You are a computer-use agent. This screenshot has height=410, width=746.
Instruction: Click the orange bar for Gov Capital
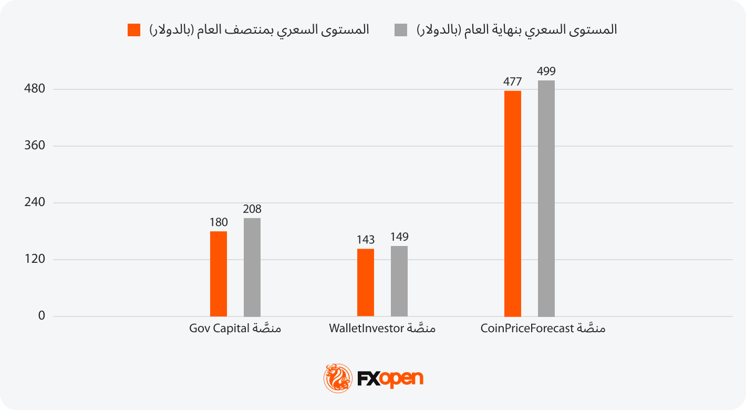click(219, 274)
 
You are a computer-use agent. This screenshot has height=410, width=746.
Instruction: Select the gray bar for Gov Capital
click(252, 267)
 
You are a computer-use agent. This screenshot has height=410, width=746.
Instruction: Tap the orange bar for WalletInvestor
click(366, 282)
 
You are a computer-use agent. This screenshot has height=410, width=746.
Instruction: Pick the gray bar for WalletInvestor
click(399, 281)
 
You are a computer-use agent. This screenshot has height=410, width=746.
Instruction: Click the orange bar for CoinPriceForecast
click(513, 203)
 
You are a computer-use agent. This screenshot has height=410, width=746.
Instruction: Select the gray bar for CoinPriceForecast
click(546, 198)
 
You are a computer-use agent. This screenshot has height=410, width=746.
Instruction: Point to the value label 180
click(219, 222)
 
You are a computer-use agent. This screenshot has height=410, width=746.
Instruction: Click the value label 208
click(252, 209)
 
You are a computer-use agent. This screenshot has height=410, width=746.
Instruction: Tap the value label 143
click(366, 240)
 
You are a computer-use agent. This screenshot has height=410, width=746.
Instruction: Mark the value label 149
click(399, 237)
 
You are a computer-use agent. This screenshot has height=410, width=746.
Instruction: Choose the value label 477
click(513, 82)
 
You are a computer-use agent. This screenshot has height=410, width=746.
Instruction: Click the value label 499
click(546, 71)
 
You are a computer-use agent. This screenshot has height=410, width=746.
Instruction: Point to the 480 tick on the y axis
click(35, 89)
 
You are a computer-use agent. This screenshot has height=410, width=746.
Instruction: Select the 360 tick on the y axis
click(35, 146)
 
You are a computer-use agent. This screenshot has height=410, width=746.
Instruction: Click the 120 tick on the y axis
click(35, 259)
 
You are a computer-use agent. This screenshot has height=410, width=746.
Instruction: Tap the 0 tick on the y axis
click(42, 316)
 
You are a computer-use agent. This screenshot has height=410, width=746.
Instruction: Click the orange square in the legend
click(134, 30)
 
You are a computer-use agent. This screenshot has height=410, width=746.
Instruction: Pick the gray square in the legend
click(401, 30)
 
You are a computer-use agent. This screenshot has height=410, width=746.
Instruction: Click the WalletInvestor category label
click(382, 329)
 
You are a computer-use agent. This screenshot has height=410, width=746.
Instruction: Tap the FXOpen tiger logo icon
click(338, 378)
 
